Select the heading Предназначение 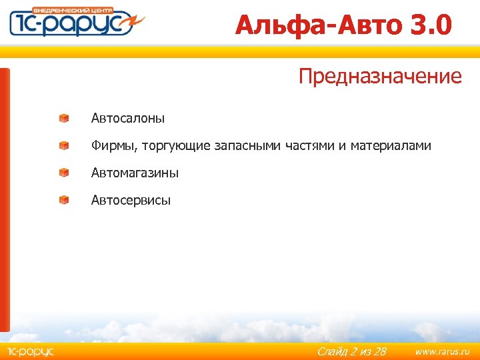380,76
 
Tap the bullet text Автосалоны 128,119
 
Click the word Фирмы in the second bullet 113,145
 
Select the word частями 310,146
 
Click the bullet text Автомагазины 135,173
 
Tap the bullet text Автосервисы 131,200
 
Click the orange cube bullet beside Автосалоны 63,118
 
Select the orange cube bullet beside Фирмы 63,145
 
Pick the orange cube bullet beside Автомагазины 63,172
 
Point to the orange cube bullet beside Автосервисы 63,199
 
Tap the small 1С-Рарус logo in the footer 30,351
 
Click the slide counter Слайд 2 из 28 351,351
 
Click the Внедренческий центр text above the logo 81,10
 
